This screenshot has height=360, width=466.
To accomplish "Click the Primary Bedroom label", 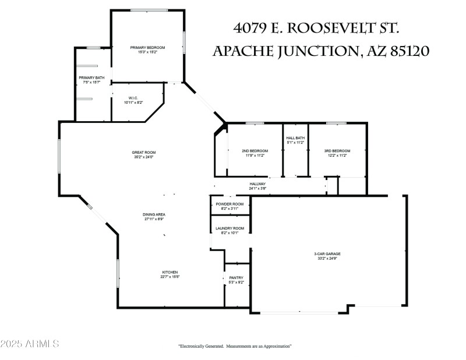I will click(148, 47).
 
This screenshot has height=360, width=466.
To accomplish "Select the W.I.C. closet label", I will click(129, 97).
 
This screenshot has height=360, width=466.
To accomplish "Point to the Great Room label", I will click(143, 153).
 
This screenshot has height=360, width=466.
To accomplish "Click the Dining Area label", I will click(154, 214).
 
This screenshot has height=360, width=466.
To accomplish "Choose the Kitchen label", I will click(170, 272).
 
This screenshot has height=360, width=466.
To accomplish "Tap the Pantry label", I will click(236, 278).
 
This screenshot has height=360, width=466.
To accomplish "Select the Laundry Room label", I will click(230, 228).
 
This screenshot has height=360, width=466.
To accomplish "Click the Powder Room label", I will click(230, 204).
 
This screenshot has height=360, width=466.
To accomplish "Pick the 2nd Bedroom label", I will click(255, 151).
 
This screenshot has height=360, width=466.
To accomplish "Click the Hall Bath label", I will click(295, 138).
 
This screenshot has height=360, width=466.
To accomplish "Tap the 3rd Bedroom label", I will click(337, 151).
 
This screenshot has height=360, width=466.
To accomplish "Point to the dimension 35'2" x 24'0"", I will click(143, 157).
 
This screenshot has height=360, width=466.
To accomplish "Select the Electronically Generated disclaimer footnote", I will click(234, 346).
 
